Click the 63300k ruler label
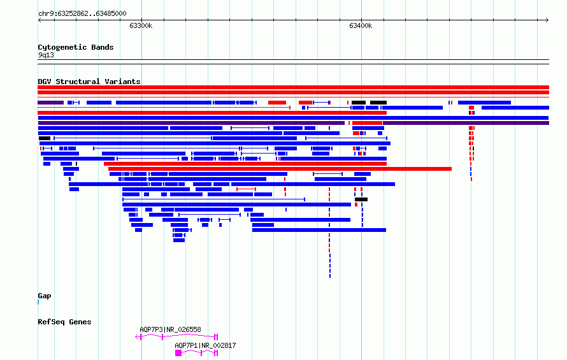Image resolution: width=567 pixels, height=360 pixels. point(141,25)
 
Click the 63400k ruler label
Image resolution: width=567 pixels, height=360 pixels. point(361,25)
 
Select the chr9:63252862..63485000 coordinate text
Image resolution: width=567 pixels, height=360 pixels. point(82,14)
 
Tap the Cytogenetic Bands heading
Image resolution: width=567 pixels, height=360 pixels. point(76,47)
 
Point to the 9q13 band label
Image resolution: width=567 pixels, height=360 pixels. point(46,55)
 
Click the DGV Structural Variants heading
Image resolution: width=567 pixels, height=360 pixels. point(89,82)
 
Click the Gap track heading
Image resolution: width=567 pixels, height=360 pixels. point(45,296)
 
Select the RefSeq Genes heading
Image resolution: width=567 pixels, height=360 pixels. point(64,322)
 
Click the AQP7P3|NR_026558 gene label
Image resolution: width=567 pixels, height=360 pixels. point(170,329)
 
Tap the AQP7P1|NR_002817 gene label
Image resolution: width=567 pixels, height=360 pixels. point(205,345)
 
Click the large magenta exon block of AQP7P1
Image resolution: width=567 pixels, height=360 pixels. point(178,353)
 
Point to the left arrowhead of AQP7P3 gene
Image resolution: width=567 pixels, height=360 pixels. point(137,337)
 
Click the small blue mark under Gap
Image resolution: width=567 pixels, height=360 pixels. point(38,302)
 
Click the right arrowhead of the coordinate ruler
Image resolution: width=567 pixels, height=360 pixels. point(547,20)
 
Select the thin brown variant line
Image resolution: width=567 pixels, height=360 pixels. point(164,108)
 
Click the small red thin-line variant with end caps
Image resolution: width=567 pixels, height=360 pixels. point(247,189)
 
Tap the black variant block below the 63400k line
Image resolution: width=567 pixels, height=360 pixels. point(361,199)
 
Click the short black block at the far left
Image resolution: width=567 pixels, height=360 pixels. point(45,138)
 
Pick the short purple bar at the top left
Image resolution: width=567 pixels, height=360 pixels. point(50,103)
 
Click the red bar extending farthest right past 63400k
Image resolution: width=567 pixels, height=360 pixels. point(280,169)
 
